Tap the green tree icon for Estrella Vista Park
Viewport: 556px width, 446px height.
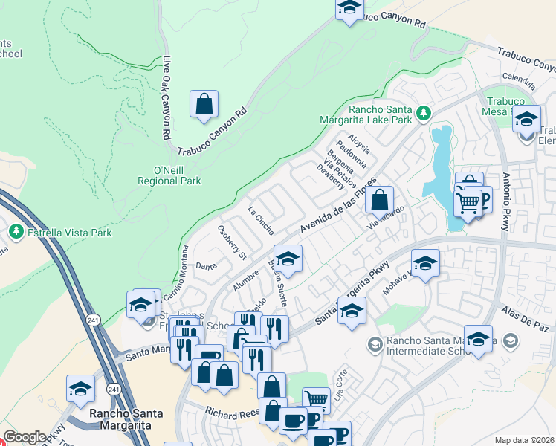16,233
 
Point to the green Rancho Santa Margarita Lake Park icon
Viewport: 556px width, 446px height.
424,113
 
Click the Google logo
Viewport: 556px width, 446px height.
25,437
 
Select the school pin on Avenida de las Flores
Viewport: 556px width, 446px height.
288,259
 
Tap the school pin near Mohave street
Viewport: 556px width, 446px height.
425,264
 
